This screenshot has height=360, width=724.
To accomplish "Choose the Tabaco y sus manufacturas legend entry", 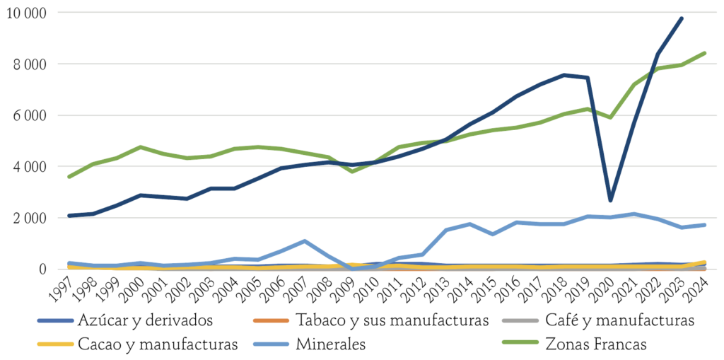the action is (x=371, y=320).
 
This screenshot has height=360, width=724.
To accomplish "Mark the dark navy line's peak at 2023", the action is (x=681, y=18).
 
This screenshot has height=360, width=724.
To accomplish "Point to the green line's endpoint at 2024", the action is (x=705, y=53).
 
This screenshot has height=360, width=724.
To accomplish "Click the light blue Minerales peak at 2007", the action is (x=305, y=240).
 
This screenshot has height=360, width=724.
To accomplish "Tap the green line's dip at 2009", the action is (x=352, y=171).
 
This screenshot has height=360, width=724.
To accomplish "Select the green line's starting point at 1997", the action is (x=69, y=177).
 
